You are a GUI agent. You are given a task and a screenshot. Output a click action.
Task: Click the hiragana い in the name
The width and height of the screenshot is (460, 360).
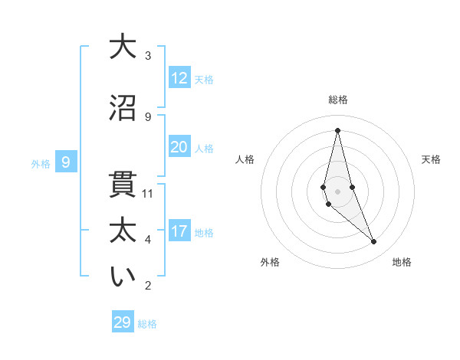[x=122, y=277]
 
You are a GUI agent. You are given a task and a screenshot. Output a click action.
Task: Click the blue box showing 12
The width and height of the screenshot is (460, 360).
[x=179, y=78]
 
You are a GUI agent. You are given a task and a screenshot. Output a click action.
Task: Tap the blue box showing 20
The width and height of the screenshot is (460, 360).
[x=179, y=147]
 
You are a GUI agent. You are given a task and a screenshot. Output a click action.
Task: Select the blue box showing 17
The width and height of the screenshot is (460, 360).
[x=179, y=231]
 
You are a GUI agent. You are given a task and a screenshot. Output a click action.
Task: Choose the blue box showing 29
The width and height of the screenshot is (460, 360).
[x=122, y=322]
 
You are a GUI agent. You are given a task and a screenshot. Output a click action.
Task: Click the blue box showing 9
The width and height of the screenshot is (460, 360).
[x=66, y=162]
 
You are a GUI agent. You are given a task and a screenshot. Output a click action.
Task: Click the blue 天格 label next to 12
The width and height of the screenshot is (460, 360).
[x=204, y=80]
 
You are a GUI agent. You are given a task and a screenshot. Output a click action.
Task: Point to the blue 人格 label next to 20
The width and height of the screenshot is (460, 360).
[x=204, y=149]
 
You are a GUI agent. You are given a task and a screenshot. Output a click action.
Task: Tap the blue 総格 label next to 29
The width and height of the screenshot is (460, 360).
[x=147, y=324]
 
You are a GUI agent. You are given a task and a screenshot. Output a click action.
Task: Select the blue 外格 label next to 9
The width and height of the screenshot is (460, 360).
[x=41, y=164]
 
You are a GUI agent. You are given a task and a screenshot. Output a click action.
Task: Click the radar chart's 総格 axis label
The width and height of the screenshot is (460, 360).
[x=337, y=100]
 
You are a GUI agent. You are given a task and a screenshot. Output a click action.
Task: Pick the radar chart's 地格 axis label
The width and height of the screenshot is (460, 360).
[x=402, y=262]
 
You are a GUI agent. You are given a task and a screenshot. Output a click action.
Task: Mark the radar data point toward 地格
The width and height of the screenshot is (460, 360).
[x=374, y=242]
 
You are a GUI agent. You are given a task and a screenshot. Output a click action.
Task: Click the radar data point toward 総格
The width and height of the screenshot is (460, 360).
[x=337, y=130]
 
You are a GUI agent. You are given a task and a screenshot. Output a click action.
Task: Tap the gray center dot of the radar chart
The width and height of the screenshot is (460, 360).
[x=337, y=191]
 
